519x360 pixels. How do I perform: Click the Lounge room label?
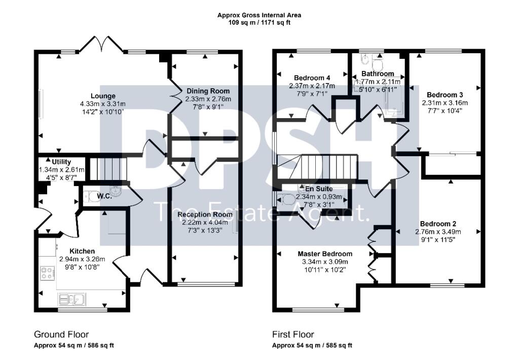pyautogui.click(x=103, y=96)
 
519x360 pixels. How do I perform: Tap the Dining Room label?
pyautogui.click(x=208, y=91)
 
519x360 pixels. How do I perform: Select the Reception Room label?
pyautogui.click(x=205, y=214)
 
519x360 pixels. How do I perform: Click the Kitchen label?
pyautogui.click(x=82, y=251)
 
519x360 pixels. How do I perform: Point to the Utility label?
pyautogui.click(x=61, y=162)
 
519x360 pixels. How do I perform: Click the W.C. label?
pyautogui.click(x=104, y=196)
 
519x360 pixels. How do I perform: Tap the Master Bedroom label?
pyautogui.click(x=325, y=254)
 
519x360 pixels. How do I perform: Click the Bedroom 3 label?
pyautogui.click(x=444, y=95)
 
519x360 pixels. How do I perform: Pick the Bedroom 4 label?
pyautogui.click(x=312, y=78)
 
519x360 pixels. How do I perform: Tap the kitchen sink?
pyautogui.click(x=72, y=299)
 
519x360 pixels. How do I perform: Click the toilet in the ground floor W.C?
pyautogui.click(x=87, y=197)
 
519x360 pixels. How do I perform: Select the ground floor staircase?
pyautogui.click(x=109, y=168)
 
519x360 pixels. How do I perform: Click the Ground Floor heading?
pyautogui.click(x=61, y=335)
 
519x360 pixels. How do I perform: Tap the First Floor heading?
pyautogui.click(x=293, y=335)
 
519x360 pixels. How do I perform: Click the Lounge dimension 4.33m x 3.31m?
pyautogui.click(x=103, y=104)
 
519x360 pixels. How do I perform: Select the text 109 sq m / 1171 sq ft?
pyautogui.click(x=259, y=23)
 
